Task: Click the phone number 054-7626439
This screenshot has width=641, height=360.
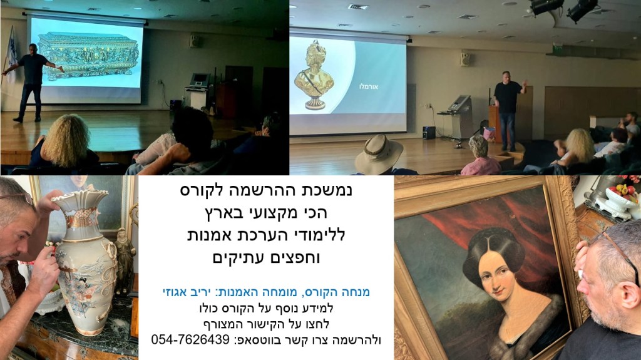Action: [x=190, y=339]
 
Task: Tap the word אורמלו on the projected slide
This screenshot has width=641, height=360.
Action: [x=368, y=87]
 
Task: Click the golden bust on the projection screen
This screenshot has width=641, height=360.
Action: [x=314, y=75]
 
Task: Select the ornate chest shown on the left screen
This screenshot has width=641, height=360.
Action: [x=88, y=56]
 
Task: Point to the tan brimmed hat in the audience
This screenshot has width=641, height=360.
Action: [x=378, y=153]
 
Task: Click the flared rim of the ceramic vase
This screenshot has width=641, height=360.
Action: [x=79, y=199]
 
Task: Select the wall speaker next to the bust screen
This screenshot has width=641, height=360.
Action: [x=465, y=58]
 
